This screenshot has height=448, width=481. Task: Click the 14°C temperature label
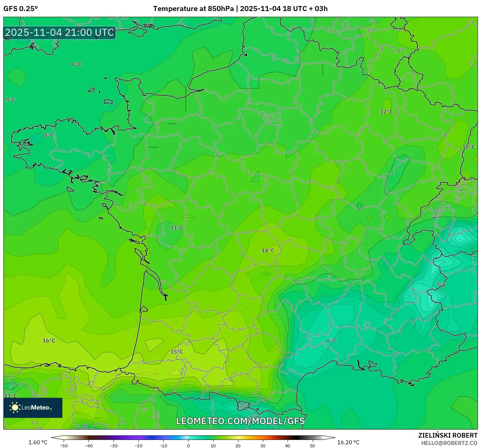click(x=268, y=250)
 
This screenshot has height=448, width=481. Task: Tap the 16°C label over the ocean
click(x=49, y=341)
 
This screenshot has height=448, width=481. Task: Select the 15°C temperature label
click(x=177, y=352)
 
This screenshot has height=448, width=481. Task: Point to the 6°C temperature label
click(x=332, y=341)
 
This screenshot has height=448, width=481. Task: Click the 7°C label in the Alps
click(x=441, y=285)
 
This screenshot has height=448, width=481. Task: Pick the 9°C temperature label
click(x=10, y=100)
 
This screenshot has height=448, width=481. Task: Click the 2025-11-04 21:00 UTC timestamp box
click(x=60, y=32)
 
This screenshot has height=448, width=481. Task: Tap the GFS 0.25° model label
click(x=20, y=9)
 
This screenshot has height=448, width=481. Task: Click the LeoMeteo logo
click(x=33, y=407)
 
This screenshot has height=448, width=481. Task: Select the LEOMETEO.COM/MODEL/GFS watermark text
click(x=240, y=421)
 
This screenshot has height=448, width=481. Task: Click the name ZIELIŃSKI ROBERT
click(x=447, y=435)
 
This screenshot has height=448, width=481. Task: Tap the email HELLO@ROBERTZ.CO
click(x=449, y=443)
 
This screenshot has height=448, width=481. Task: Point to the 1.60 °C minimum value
click(x=38, y=442)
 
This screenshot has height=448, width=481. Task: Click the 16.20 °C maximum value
click(x=348, y=442)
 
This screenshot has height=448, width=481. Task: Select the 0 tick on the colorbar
click(x=188, y=446)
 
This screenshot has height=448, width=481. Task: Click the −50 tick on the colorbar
click(x=63, y=446)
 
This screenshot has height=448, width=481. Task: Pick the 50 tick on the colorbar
click(x=312, y=446)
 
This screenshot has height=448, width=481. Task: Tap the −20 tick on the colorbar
click(x=138, y=446)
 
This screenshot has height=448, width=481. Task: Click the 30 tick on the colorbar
click(x=263, y=446)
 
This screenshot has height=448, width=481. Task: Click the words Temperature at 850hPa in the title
click(x=193, y=9)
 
